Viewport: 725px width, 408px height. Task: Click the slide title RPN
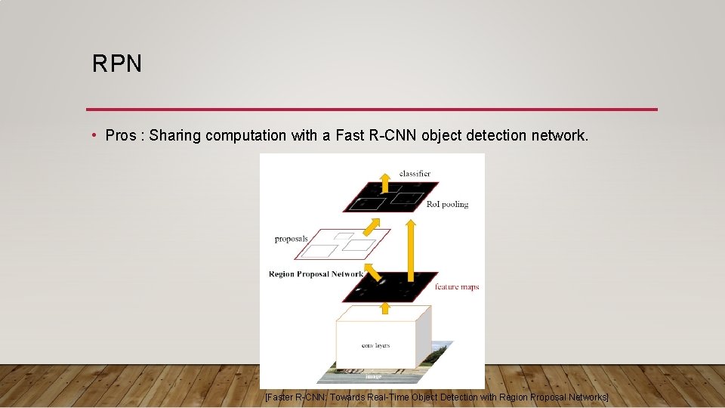(x=117, y=64)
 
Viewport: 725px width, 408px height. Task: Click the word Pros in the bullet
(x=122, y=136)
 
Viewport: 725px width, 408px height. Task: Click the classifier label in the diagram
(x=415, y=174)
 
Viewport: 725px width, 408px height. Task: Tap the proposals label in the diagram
(x=292, y=239)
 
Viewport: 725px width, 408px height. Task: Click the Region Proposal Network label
(x=316, y=274)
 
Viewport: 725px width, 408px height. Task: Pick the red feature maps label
(x=457, y=287)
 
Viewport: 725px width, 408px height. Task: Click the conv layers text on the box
(x=375, y=345)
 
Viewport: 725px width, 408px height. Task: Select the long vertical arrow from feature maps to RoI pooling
(x=410, y=249)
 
